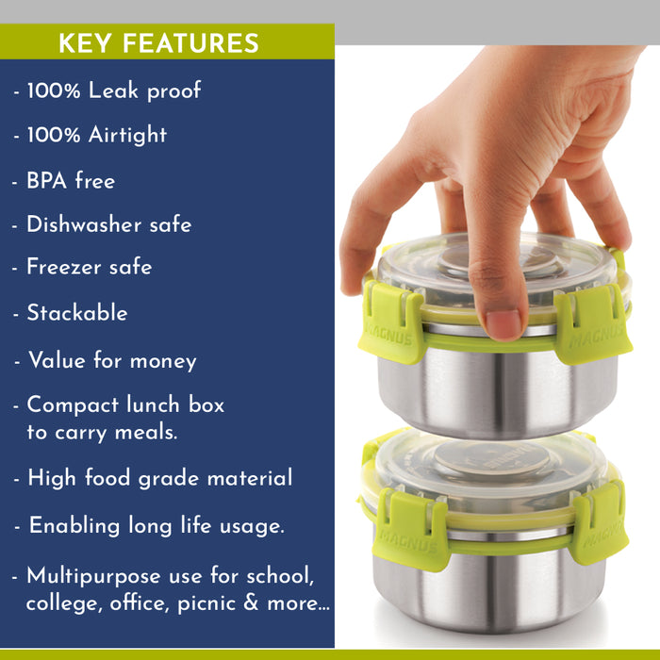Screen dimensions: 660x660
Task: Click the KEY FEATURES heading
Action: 158,43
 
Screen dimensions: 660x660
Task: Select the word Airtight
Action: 127,135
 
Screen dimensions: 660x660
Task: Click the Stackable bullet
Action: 76,312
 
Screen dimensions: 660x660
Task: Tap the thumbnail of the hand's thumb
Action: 502,324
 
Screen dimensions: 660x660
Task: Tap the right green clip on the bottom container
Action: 599,524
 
